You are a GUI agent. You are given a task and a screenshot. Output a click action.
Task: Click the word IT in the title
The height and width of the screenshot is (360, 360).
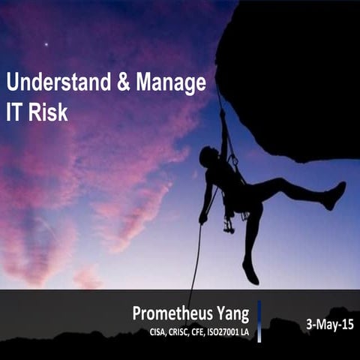pos(15,112)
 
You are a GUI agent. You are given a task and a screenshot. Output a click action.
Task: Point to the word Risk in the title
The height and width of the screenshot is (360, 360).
pos(48,112)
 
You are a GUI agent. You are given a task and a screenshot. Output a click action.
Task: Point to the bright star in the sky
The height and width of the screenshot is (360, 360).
pos(46,44)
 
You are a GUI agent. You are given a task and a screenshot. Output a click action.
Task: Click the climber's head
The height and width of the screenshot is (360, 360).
pos(208,156)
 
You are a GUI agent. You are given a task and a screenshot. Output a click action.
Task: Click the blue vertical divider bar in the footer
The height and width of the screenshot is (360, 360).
pos(259,321)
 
